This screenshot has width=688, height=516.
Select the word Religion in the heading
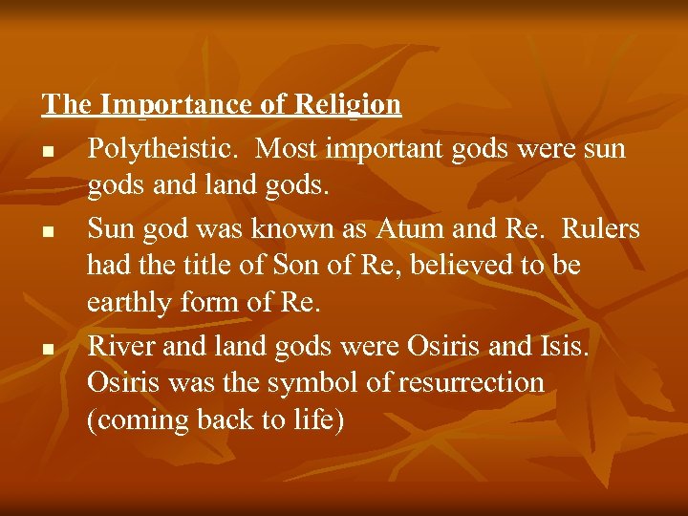point(347,104)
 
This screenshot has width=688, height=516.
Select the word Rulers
point(601,229)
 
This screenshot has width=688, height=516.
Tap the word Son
point(289,266)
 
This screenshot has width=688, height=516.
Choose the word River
point(119,346)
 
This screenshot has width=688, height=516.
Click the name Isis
point(565,346)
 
